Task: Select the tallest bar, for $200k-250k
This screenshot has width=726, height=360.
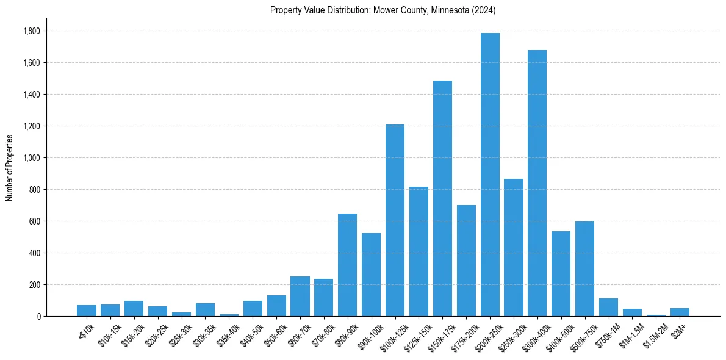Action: (490, 175)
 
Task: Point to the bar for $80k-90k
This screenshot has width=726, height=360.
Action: (347, 265)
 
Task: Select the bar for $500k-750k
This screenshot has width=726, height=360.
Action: (584, 269)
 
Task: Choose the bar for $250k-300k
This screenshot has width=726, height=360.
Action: (514, 248)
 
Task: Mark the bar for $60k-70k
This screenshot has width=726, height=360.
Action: (300, 297)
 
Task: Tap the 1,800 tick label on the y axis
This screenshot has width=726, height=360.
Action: (32, 31)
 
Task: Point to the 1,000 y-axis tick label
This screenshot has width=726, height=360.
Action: (32, 158)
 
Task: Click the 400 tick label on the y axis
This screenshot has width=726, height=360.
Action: (35, 253)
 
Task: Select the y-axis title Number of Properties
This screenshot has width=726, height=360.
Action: (10, 168)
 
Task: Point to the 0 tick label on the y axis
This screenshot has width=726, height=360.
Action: (38, 317)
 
